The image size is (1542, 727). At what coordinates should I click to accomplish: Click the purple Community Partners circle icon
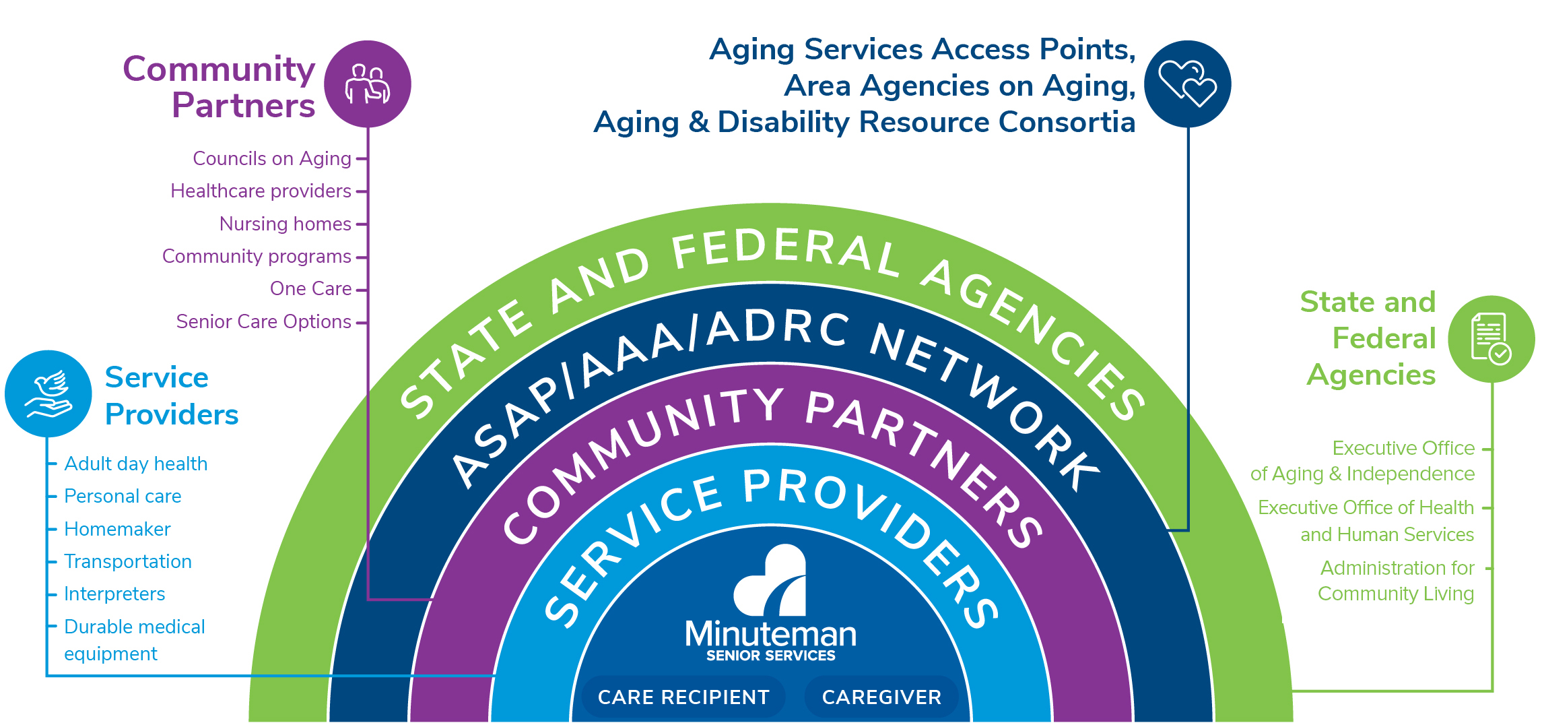368,84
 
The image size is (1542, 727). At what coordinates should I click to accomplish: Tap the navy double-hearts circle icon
1188,84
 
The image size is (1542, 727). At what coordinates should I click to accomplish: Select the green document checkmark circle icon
1491,339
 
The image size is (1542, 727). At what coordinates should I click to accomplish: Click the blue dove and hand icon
48,393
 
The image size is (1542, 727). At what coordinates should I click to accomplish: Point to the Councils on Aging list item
272,158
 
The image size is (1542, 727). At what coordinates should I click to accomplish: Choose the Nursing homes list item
285,224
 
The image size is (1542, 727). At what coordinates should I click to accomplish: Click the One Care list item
310,288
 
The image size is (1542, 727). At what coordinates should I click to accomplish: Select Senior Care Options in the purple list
263,321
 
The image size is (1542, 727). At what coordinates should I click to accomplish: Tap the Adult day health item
135,464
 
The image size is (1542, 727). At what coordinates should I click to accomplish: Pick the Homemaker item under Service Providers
117,529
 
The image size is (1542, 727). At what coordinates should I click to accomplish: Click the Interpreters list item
114,594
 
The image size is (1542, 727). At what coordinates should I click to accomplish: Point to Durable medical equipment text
134,639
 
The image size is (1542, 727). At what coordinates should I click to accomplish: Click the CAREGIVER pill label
881,697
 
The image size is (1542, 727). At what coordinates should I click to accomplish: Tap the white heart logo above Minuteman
771,581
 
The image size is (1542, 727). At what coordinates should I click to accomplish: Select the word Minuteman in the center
770,633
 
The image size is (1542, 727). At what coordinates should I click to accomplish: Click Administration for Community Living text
1396,581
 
